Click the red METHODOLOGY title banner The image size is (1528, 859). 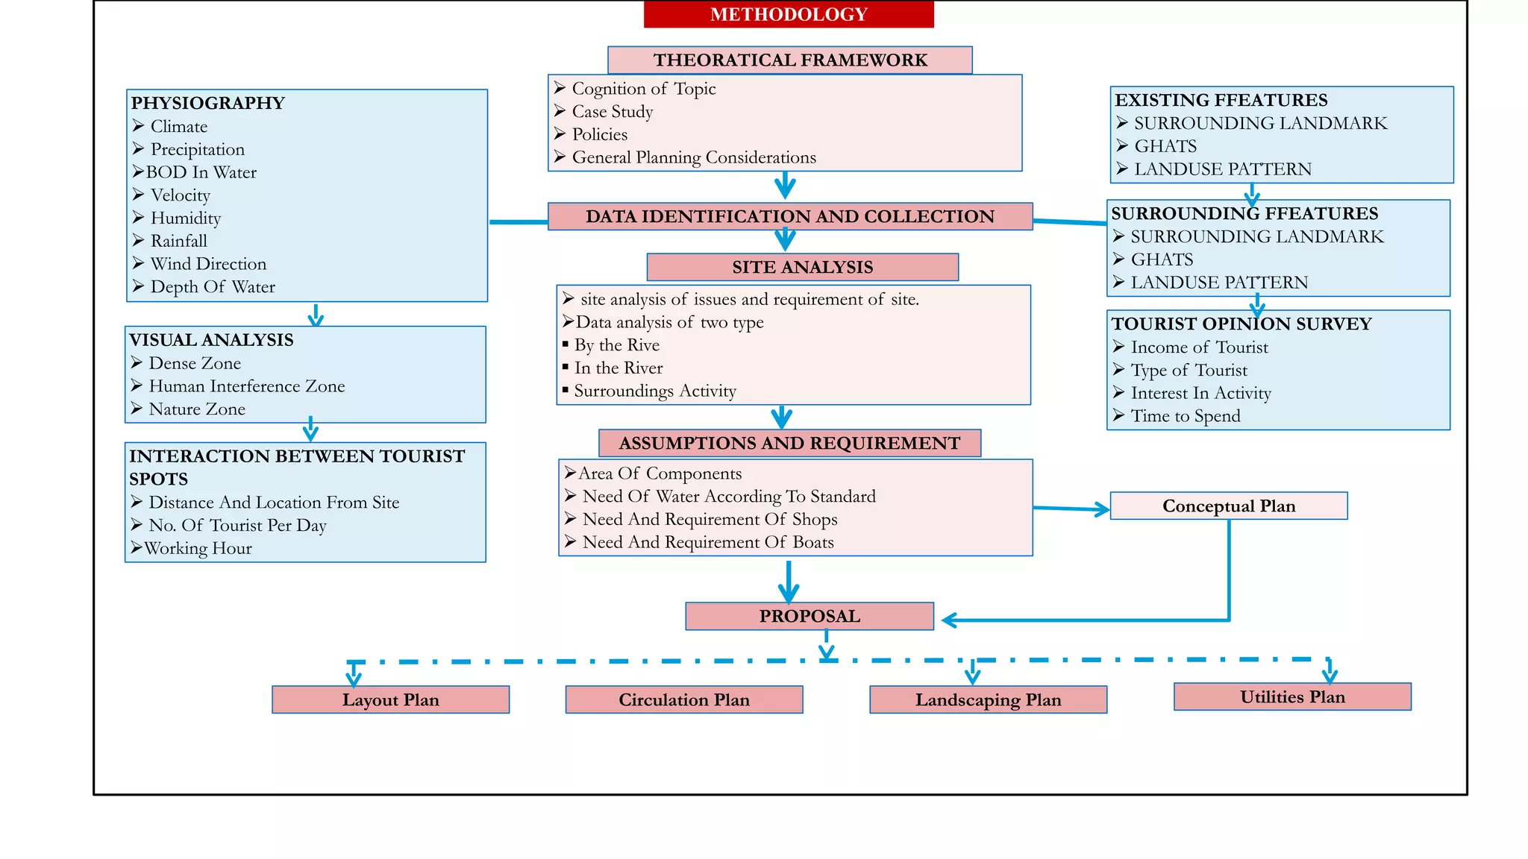click(x=789, y=14)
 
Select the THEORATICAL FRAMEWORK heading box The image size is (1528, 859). click(x=789, y=60)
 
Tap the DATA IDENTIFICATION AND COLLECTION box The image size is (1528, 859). click(x=789, y=216)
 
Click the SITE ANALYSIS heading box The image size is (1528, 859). click(x=802, y=267)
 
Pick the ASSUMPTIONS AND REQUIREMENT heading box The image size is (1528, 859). click(x=789, y=443)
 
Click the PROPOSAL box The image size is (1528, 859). click(x=810, y=616)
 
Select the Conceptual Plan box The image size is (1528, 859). click(x=1228, y=506)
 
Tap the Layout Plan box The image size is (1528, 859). click(x=390, y=699)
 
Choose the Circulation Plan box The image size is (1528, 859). click(x=683, y=699)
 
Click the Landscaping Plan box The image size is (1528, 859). click(x=988, y=699)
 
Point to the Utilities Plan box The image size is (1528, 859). click(x=1292, y=696)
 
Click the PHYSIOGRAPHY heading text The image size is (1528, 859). click(x=208, y=103)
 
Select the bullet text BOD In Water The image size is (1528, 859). click(x=201, y=172)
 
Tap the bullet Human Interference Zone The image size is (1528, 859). click(x=246, y=386)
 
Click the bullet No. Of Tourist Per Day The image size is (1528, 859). click(x=237, y=526)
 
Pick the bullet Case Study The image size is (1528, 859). click(x=612, y=112)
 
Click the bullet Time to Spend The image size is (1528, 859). click(x=1185, y=416)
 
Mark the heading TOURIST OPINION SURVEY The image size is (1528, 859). click(x=1241, y=324)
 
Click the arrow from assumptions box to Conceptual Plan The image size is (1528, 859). click(x=1071, y=509)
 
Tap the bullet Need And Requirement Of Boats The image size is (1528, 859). click(x=707, y=542)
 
